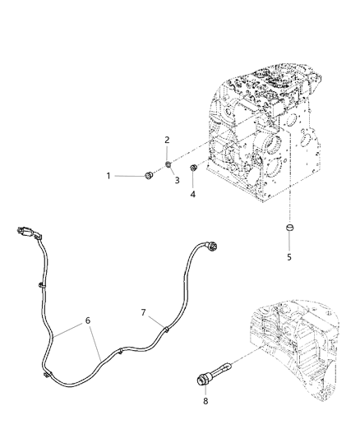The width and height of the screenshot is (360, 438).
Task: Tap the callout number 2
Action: (x=168, y=140)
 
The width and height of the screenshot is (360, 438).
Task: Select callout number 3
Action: (x=175, y=180)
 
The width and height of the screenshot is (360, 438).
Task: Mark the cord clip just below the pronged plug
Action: (x=39, y=285)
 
